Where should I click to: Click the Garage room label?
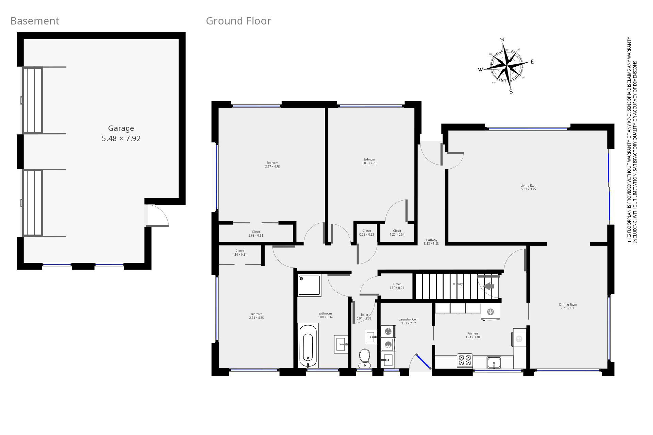121,128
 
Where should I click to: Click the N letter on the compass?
502,40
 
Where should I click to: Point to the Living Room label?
529,186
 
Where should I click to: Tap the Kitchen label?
473,333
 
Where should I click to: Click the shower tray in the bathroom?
309,285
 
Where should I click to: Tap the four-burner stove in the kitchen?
465,361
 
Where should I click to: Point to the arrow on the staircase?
488,286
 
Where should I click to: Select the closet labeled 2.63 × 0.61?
256,234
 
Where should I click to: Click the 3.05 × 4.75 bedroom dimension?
369,163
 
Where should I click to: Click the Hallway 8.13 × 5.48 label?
431,242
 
